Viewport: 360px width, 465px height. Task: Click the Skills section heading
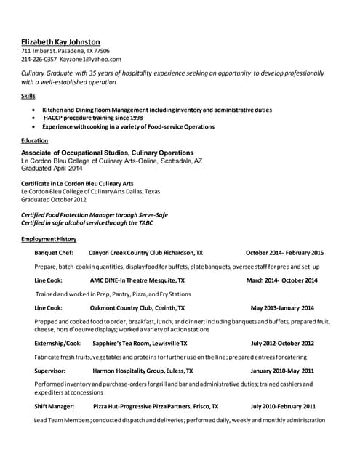(28, 96)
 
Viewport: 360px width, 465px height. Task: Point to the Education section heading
(35, 140)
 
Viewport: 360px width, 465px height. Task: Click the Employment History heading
(49, 239)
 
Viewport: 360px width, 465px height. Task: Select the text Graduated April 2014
(52, 169)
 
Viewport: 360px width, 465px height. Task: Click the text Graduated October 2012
(54, 199)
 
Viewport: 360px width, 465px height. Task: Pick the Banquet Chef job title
(54, 253)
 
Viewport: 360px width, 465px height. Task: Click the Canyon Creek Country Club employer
(145, 253)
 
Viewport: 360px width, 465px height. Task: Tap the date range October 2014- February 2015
(284, 253)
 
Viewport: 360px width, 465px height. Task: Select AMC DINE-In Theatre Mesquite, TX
(137, 280)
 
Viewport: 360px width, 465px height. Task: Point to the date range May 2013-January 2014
(282, 307)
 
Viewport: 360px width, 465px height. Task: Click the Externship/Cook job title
(58, 343)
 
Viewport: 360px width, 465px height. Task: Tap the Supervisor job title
(51, 371)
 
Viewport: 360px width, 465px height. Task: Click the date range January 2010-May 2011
(282, 371)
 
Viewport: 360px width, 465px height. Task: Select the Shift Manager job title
(55, 406)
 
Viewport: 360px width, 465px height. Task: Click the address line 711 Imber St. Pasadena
(65, 51)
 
